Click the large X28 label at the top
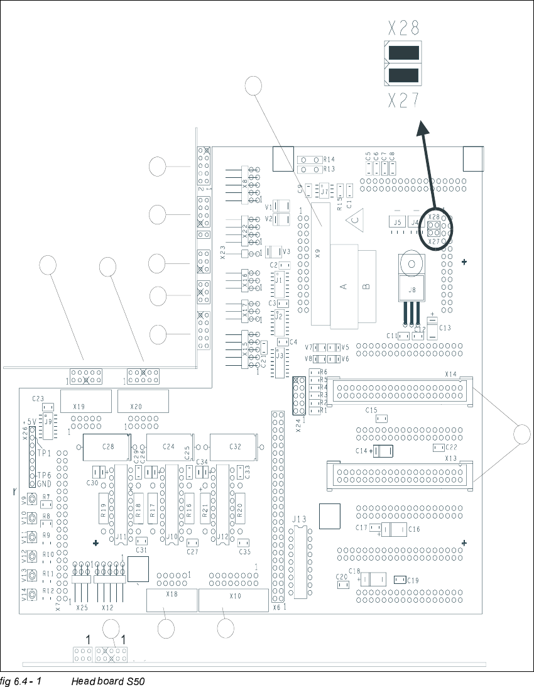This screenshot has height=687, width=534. (x=403, y=28)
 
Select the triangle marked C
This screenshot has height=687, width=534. (x=354, y=219)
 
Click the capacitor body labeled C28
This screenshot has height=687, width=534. (x=107, y=446)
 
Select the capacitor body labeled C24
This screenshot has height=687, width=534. (x=168, y=446)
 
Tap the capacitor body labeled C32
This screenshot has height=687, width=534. (x=234, y=446)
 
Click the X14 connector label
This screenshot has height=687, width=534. (x=451, y=374)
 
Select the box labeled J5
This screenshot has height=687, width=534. (x=396, y=222)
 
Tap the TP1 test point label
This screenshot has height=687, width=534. (x=43, y=453)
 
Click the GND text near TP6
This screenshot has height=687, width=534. (x=43, y=484)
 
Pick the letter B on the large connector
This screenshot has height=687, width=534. (x=366, y=285)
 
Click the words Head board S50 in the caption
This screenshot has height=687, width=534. (x=108, y=681)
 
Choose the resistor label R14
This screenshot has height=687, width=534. (x=329, y=160)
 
